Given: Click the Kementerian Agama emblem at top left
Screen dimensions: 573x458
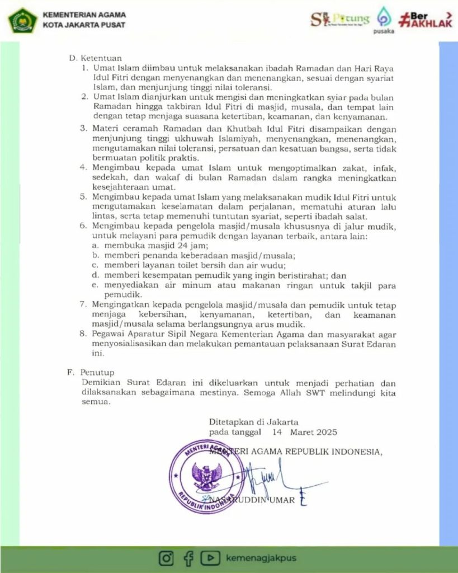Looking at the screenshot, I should pyautogui.click(x=22, y=20).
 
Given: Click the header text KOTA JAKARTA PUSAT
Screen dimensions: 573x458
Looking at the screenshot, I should pyautogui.click(x=84, y=26).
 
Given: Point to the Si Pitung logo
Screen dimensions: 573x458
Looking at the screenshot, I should pyautogui.click(x=340, y=20).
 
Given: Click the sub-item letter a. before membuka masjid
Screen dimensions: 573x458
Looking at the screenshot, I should pyautogui.click(x=96, y=246).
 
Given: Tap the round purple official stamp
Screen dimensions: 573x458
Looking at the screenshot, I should pyautogui.click(x=206, y=477).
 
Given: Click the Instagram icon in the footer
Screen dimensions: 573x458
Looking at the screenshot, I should pyautogui.click(x=166, y=558).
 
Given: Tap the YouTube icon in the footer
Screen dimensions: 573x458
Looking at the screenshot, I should pyautogui.click(x=210, y=558).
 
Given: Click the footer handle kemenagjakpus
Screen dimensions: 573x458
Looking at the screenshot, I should pyautogui.click(x=261, y=558).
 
